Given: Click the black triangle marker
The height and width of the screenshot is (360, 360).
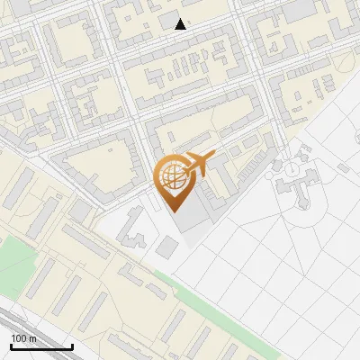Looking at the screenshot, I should coord(181,24).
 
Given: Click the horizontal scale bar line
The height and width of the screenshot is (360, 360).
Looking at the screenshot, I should coord(41,346).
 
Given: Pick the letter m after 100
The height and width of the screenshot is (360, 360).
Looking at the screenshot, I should coord(32,338).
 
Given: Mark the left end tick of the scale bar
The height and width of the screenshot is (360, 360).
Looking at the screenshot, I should coord(11,345).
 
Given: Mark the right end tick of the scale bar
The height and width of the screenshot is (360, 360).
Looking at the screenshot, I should coord(72,345).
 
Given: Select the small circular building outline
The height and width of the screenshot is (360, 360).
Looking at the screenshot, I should coord(292,169).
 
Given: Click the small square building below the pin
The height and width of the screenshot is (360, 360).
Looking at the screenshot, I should coord(167,246).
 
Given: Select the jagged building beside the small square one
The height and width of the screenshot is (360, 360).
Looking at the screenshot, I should coord(135,229).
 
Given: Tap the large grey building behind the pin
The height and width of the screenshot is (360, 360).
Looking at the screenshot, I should coord(202,211).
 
